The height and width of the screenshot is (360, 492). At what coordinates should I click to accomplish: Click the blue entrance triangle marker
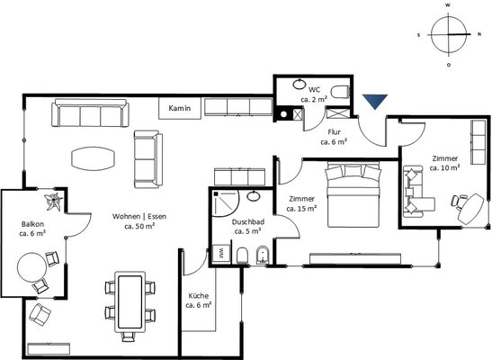coord(375,101)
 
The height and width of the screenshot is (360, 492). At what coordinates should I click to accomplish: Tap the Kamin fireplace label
coord(180,108)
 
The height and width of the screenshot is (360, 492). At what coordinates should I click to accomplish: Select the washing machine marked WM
coord(221,253)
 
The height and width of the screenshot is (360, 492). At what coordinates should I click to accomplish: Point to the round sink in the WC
coord(300,84)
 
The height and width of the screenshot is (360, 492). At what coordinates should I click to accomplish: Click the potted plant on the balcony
coord(53,202)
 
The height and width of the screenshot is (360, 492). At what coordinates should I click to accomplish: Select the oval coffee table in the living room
coord(94,158)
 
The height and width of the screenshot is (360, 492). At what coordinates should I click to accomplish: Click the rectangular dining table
coord(130,301)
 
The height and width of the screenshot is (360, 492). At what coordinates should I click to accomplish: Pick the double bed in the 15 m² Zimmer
coord(353,194)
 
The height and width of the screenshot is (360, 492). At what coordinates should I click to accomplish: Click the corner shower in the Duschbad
coord(225,203)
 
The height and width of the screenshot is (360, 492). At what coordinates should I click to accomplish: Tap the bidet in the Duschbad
coord(263,255)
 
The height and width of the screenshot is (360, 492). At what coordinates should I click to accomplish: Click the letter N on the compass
coord(479,34)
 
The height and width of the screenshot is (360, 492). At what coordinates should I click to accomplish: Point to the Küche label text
coord(198,296)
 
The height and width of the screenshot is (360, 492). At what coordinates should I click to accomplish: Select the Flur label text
coord(334,132)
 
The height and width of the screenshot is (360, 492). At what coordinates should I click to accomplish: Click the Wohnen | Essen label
coord(139,217)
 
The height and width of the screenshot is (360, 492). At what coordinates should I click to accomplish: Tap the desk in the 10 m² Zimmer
coord(471,208)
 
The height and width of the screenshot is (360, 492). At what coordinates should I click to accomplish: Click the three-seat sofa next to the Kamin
coord(90,112)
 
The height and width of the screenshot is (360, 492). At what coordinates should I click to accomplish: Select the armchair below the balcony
coord(40,314)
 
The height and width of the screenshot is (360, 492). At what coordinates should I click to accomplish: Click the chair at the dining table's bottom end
coord(128,337)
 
